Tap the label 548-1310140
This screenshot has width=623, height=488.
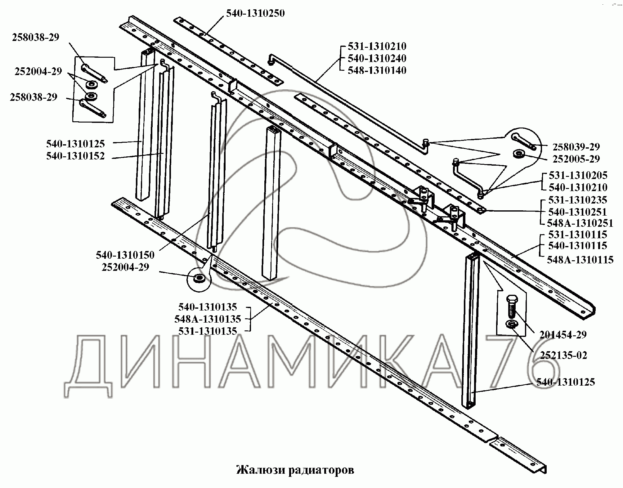pyautogui.click(x=377, y=70)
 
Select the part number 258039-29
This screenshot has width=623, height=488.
pyautogui.click(x=576, y=147)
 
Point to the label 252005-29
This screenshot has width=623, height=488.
pyautogui.click(x=576, y=159)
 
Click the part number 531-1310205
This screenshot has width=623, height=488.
pyautogui.click(x=578, y=175)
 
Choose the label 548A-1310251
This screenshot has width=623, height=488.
pyautogui.click(x=580, y=223)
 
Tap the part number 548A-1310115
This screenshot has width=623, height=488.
pyautogui.click(x=580, y=260)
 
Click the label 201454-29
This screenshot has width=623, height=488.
pyautogui.click(x=563, y=335)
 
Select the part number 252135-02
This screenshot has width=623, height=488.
pyautogui.click(x=564, y=355)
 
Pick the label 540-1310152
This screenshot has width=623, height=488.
pyautogui.click(x=75, y=156)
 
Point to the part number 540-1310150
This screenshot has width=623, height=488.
pyautogui.click(x=125, y=255)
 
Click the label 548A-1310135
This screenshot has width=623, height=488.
pyautogui.click(x=208, y=319)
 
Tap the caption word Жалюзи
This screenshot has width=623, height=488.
pyautogui.click(x=261, y=470)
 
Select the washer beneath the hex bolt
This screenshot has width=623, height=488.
pyautogui.click(x=511, y=324)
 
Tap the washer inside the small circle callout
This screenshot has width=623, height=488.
pyautogui.click(x=199, y=278)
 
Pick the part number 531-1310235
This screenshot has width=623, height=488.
pyautogui.click(x=578, y=199)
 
